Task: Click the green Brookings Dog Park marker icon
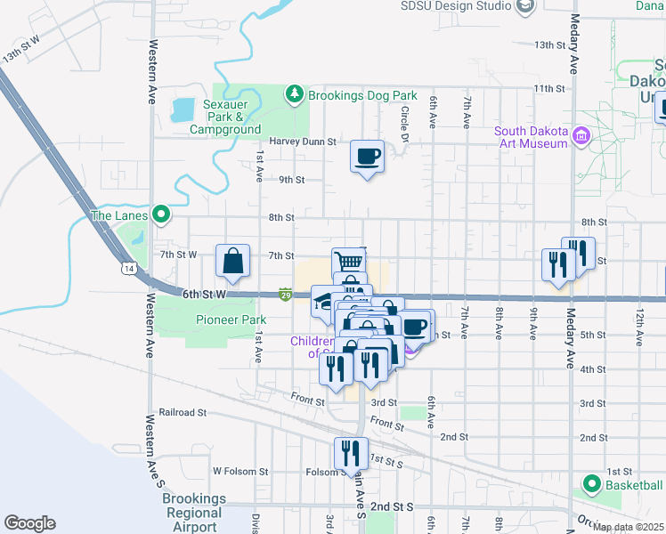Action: [x=295, y=93]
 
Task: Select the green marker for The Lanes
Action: [x=160, y=214]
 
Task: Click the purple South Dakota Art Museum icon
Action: [x=581, y=136]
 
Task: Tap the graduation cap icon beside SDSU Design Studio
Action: [x=526, y=6]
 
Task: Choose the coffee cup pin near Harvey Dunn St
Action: [x=367, y=158]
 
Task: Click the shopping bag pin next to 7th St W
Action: [x=232, y=262]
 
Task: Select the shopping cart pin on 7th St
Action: [x=349, y=262]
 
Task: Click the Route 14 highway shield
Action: [x=129, y=267]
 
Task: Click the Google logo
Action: [x=29, y=523]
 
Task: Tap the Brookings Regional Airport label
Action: [x=193, y=513]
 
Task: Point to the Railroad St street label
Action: [x=183, y=413]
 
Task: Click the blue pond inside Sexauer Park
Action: [x=183, y=110]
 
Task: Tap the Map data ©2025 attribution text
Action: [x=628, y=527]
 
